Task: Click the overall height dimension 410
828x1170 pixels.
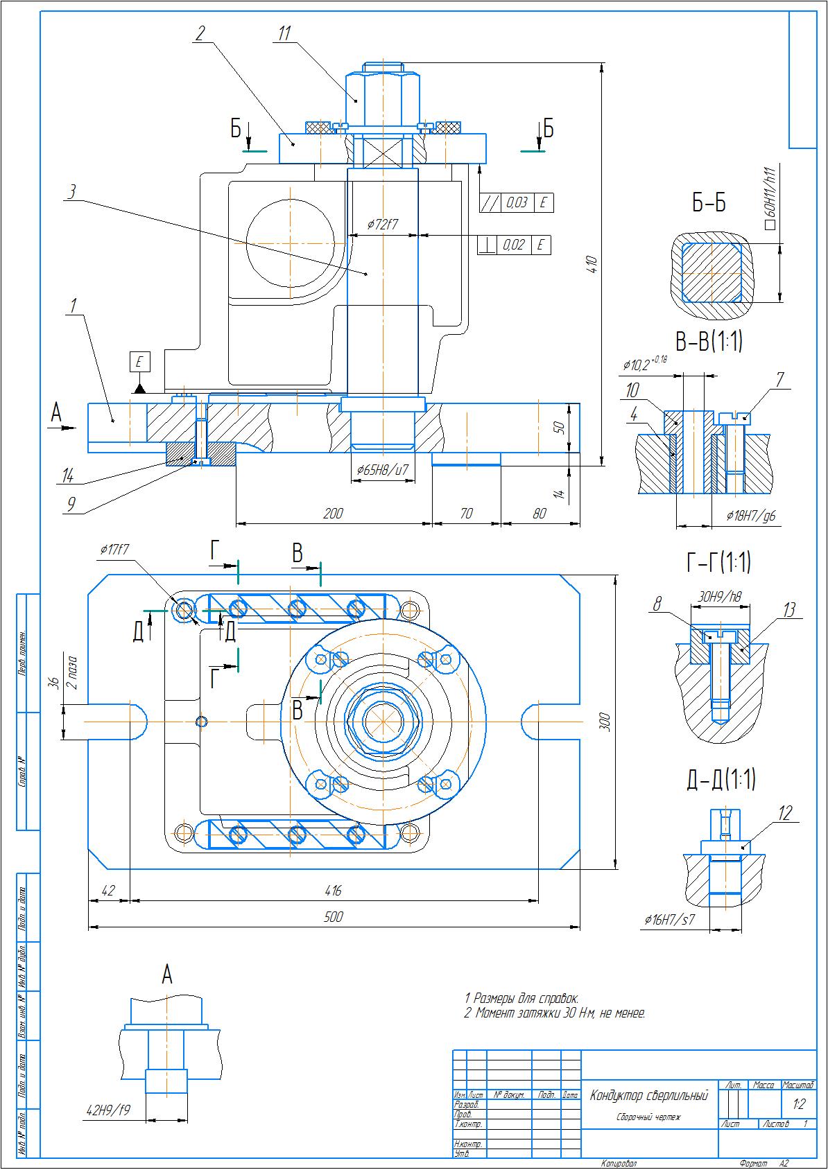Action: tap(592, 264)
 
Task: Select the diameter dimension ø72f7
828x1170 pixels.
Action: tap(382, 225)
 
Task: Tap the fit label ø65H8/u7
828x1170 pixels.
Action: tap(383, 470)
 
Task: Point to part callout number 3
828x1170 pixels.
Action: tap(71, 192)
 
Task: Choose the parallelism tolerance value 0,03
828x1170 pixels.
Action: tap(517, 202)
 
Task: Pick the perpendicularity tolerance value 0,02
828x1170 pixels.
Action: tap(514, 245)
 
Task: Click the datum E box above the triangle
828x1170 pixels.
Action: tap(139, 362)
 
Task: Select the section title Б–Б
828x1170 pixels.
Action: tap(709, 203)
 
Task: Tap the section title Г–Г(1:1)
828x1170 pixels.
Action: tap(718, 563)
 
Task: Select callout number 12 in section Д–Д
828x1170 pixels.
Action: tap(785, 813)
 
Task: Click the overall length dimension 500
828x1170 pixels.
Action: tap(334, 916)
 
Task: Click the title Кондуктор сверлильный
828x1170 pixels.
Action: tap(648, 1096)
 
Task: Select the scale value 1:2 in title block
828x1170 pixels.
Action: tap(799, 1103)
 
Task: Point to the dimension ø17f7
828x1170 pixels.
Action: tap(115, 550)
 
